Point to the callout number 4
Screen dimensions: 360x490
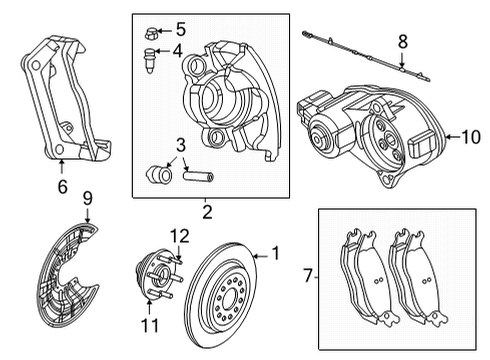[178, 51]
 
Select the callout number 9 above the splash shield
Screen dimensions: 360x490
[87, 199]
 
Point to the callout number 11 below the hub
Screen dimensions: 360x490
[151, 325]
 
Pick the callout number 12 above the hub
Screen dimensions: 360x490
[180, 236]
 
